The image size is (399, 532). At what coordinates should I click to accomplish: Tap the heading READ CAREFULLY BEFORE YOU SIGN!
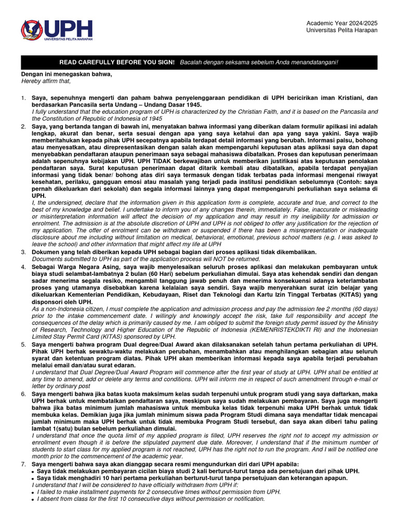(x=117, y=62)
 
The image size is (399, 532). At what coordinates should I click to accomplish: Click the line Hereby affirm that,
(x=45, y=81)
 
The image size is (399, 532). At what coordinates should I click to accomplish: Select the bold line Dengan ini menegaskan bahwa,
(x=66, y=74)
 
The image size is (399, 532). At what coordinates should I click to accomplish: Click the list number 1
(x=23, y=98)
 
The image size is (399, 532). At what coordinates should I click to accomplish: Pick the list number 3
(x=23, y=251)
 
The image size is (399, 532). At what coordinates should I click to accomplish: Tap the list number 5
(x=23, y=344)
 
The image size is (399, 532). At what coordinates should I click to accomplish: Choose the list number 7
(x=23, y=463)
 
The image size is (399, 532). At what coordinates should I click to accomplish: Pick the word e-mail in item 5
(x=354, y=379)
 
